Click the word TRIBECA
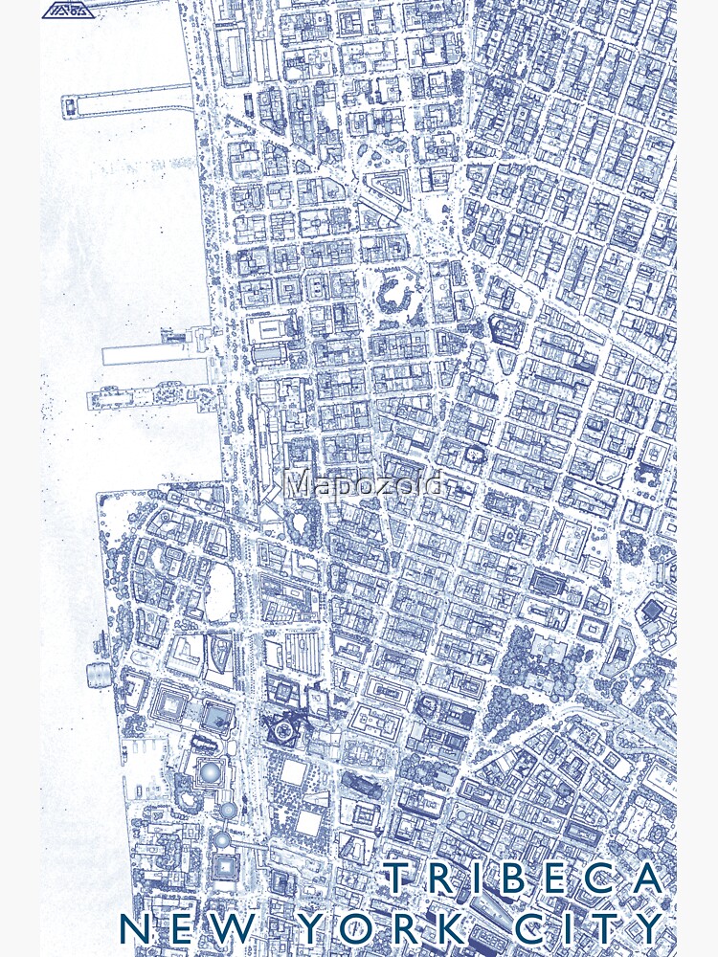point(524,879)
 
